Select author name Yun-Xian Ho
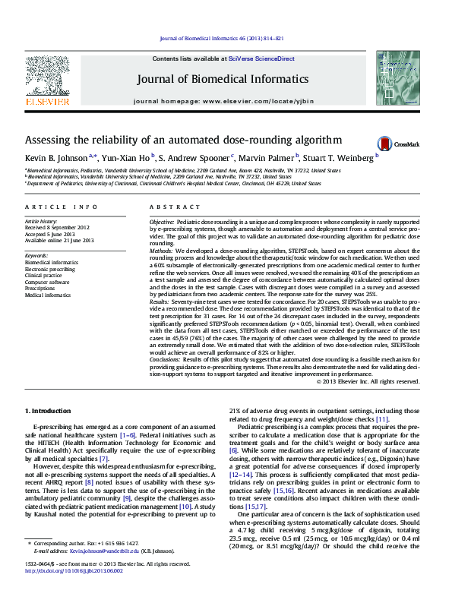point(126,157)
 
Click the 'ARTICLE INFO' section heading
point(61,207)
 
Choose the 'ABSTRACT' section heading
point(174,207)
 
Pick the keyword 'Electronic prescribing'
point(50,269)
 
